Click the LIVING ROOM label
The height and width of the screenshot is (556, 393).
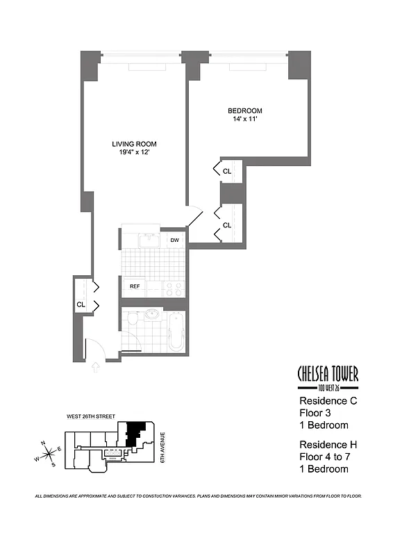point(134,144)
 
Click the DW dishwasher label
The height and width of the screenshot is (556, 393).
point(174,240)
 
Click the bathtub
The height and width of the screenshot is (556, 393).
point(176,332)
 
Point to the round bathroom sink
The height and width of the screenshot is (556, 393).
point(152,314)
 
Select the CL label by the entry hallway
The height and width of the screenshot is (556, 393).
point(81,304)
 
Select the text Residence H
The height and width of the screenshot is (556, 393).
point(328,445)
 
